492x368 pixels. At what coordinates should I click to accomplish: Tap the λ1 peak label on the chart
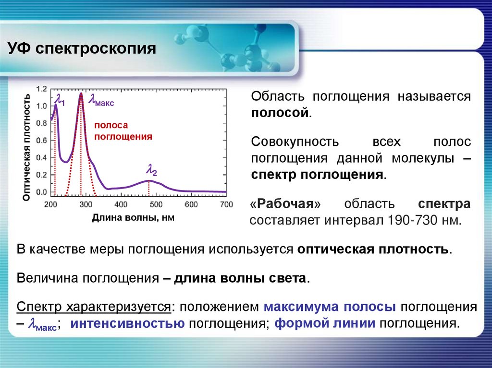60,100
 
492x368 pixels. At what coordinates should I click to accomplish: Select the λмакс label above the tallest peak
99,101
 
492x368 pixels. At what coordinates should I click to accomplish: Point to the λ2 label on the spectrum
152,170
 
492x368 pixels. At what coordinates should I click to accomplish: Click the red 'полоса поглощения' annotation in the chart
123,131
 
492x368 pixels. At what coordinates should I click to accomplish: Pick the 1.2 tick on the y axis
42,89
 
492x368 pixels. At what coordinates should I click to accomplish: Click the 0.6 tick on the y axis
42,141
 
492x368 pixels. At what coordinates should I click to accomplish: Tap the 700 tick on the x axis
226,204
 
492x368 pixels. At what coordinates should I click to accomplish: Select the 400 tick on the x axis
121,204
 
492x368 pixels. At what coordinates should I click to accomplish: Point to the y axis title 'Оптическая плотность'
27,147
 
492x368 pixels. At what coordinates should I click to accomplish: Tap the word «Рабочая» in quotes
286,204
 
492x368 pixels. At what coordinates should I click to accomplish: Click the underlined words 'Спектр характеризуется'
94,307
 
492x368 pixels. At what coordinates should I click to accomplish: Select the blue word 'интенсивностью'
128,323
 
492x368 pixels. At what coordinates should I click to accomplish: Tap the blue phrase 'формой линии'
325,323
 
